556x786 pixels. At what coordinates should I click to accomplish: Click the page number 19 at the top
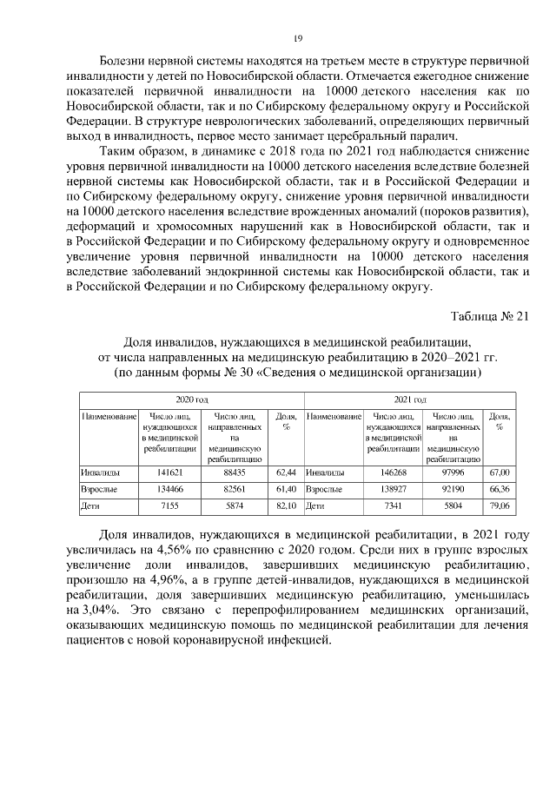[297, 38]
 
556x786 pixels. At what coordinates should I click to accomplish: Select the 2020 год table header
[192, 399]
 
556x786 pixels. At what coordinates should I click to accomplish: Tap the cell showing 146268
[394, 472]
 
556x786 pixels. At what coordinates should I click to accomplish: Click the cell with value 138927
[394, 489]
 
